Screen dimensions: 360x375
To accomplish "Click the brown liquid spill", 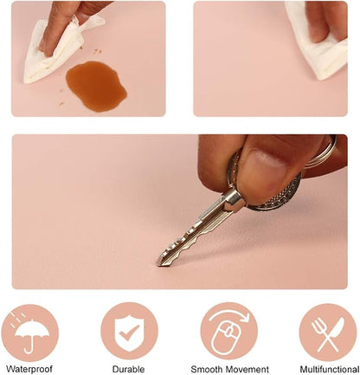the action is (96, 86).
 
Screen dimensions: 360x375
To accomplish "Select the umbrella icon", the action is (30, 334).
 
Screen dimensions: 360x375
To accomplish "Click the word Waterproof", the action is (29, 369).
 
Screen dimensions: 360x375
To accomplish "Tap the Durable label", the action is (128, 369).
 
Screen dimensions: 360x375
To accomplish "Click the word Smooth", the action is (207, 369).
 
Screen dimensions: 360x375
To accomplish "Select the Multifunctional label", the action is (330, 369).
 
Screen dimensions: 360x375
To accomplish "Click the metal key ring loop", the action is (327, 154).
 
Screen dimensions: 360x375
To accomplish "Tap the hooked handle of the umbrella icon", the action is (29, 347).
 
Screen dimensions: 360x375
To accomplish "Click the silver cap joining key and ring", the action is (235, 199).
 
